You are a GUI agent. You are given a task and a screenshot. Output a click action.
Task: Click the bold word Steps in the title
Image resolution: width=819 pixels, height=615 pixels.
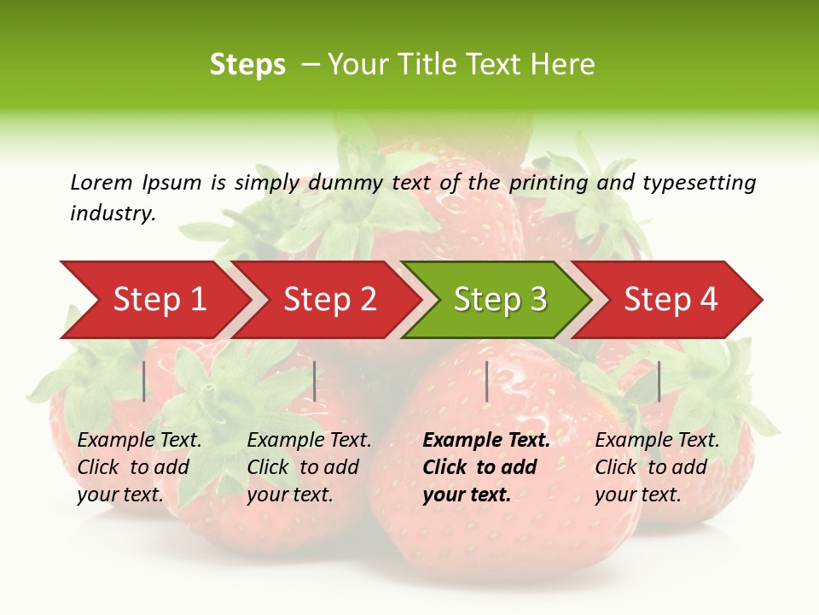pos(247,65)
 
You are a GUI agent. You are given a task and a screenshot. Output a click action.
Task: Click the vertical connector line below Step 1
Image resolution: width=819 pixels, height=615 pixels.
pos(144,381)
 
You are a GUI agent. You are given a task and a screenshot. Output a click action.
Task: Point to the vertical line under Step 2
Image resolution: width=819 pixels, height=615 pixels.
pos(315,381)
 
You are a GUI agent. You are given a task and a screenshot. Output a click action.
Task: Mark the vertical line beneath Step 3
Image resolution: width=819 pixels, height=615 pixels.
pos(486,381)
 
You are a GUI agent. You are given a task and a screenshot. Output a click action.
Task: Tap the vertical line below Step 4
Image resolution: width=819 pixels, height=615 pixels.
pos(659,381)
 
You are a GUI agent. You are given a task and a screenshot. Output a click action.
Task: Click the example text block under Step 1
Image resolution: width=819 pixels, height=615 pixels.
pos(139,467)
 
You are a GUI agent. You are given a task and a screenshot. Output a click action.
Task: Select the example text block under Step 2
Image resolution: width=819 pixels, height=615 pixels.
pos(309,467)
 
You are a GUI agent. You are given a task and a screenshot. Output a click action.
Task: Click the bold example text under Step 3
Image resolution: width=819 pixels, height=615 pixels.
pos(486,467)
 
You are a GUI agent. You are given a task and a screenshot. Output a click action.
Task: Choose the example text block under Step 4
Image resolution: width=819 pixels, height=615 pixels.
pos(657,467)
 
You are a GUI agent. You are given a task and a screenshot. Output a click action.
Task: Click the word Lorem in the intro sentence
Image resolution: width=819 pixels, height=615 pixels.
pos(101,182)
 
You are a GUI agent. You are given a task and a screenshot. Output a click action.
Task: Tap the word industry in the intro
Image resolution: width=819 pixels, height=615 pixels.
pos(112,213)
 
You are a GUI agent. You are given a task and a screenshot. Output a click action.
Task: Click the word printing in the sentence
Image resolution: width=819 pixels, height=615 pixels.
pos(546,182)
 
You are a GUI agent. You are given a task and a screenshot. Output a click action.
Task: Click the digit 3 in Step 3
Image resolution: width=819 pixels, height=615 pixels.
pos(537,299)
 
